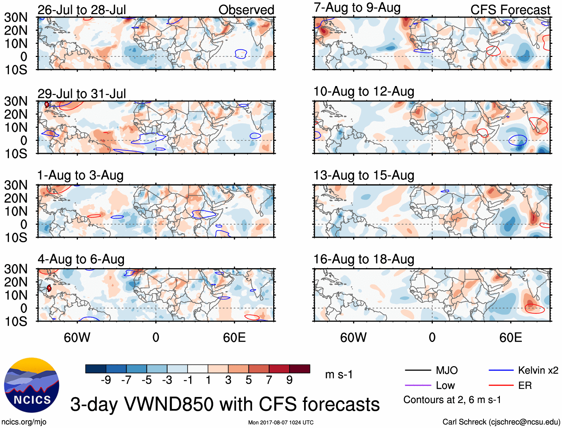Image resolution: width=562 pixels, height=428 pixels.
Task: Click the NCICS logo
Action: (31, 385)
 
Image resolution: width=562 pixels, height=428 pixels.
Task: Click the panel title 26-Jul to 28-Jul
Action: (82, 10)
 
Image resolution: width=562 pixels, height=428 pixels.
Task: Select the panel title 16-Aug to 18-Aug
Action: (364, 259)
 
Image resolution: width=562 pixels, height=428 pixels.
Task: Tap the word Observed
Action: (246, 10)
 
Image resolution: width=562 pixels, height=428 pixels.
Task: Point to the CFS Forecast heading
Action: (510, 10)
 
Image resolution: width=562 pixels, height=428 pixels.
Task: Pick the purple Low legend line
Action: (418, 386)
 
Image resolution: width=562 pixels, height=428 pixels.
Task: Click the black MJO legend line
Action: (418, 370)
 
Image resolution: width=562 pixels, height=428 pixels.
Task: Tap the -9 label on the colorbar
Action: (106, 380)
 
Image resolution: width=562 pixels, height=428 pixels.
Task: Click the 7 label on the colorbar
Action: (269, 380)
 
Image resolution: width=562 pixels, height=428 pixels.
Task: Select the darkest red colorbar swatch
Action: (300, 369)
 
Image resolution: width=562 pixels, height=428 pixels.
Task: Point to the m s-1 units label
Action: (339, 374)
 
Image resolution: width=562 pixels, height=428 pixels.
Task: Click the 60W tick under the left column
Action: (77, 337)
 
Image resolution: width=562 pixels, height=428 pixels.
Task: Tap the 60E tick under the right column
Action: (510, 337)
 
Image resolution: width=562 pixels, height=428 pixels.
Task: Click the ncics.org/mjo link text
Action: (24, 422)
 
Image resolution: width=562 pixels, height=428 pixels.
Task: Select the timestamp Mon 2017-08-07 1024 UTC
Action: (281, 422)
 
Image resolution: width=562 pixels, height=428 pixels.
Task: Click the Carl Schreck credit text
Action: (501, 422)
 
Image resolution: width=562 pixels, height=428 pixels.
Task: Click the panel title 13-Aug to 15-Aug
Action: (364, 175)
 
